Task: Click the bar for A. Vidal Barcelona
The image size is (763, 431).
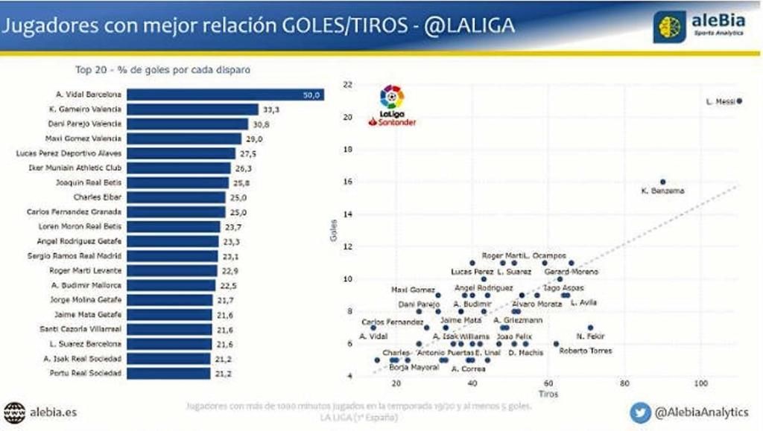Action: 225,95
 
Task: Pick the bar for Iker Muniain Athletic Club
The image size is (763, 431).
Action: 180,167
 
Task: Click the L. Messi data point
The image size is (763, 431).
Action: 739,101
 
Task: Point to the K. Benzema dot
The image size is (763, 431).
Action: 662,182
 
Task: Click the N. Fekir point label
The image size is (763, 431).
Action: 589,336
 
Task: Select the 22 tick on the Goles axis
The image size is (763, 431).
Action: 347,85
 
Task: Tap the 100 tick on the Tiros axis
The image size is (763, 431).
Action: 700,383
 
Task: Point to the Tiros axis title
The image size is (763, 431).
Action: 548,394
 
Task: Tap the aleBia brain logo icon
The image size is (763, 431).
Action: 669,26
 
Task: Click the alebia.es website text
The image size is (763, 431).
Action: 54,411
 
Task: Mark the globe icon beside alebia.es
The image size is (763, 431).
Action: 14,411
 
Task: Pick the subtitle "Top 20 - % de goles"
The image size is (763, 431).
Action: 162,71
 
